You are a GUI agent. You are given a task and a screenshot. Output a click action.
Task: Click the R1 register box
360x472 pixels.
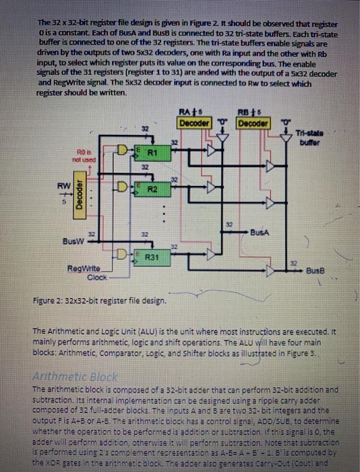pyautogui.click(x=152, y=153)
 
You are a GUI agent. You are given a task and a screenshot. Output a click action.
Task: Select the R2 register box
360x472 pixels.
pyautogui.click(x=152, y=190)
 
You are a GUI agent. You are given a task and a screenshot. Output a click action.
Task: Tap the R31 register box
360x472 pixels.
pyautogui.click(x=152, y=257)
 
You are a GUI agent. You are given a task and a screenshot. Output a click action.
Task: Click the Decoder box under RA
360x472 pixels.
pyautogui.click(x=192, y=123)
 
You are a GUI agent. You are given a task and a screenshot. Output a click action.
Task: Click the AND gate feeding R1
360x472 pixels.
pyautogui.click(x=125, y=148)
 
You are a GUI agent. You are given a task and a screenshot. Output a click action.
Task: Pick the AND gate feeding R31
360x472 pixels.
pyautogui.click(x=125, y=255)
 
